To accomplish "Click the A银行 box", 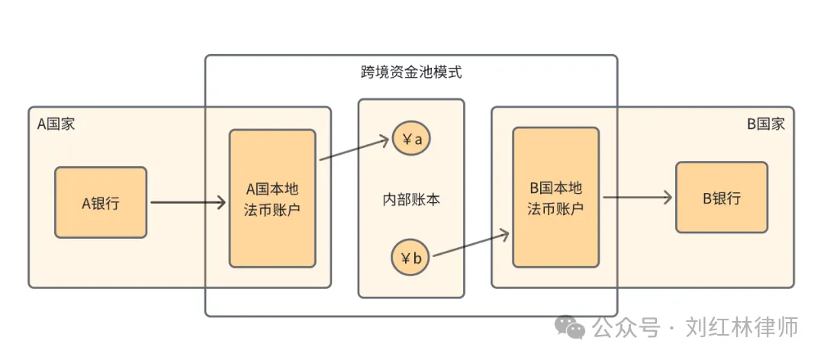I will click(101, 203).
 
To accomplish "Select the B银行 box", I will click(721, 198).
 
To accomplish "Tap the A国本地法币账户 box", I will click(272, 198).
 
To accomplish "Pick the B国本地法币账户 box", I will click(555, 198).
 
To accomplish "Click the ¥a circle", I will click(410, 140).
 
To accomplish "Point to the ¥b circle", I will click(410, 258).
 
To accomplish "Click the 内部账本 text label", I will click(411, 200).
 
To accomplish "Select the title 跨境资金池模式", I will click(411, 73).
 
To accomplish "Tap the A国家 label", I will click(56, 124).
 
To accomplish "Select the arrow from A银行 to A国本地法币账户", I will click(188, 203).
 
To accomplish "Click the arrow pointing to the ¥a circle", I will click(356, 149).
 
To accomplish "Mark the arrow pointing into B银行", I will click(637, 198).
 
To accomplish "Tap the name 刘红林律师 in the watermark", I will click(742, 327).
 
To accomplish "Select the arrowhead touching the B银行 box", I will click(668, 198).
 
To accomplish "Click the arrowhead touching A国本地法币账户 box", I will click(221, 203).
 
